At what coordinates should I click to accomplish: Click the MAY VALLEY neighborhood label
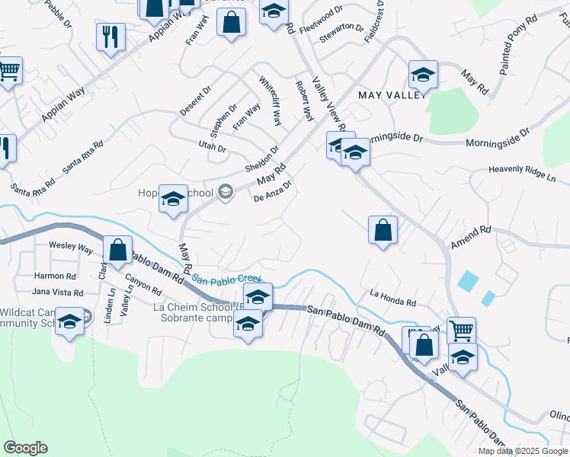pos(389,94)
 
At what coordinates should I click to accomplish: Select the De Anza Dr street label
pos(274,191)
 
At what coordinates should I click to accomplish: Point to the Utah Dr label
pos(213,149)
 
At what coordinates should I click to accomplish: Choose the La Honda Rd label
pos(392,298)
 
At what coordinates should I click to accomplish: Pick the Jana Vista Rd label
pos(57,292)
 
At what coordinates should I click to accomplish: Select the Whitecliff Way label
pos(270,102)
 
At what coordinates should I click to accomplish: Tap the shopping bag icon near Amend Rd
pos(383,230)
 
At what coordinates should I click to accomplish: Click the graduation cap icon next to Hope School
pos(173,200)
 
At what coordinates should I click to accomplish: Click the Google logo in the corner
pos(25,448)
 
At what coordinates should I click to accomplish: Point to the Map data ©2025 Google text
pos(522,451)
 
